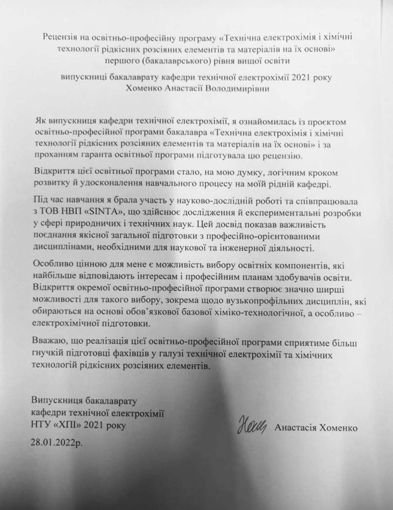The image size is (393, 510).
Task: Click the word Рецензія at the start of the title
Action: [x=60, y=38]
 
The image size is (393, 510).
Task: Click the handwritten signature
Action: [x=252, y=426]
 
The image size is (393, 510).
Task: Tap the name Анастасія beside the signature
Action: [x=295, y=428]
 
